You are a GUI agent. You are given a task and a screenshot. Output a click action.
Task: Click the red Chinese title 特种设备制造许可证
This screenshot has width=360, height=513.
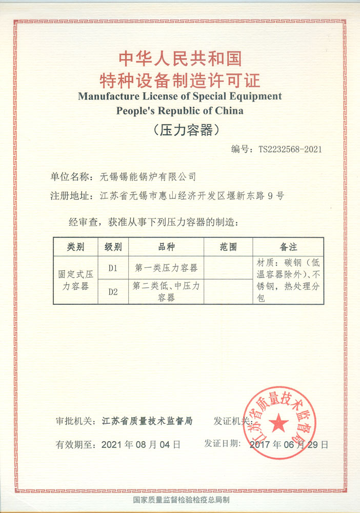(x=180, y=80)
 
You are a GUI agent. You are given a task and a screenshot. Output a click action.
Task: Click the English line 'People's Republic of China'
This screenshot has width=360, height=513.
(x=179, y=110)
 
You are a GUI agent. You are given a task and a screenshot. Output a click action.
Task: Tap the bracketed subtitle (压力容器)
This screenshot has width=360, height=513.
(x=179, y=130)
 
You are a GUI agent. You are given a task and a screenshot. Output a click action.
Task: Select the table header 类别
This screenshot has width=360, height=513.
(x=75, y=247)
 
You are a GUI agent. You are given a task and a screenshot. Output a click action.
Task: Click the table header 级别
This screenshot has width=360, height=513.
(x=113, y=247)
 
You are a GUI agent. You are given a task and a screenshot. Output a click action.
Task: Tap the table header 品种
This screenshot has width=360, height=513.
(x=166, y=247)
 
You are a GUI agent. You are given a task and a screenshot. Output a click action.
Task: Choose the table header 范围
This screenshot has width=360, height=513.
(x=228, y=247)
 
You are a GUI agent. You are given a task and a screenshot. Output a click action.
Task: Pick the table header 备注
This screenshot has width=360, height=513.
(x=288, y=247)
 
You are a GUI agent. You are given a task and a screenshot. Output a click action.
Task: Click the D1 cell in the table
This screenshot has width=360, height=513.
(x=113, y=268)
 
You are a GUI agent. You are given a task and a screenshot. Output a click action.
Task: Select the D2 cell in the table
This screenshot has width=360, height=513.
(x=113, y=292)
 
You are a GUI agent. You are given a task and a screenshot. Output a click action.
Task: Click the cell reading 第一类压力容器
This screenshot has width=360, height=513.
(x=166, y=268)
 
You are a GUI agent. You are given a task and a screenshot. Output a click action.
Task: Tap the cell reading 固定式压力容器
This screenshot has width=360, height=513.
(x=75, y=280)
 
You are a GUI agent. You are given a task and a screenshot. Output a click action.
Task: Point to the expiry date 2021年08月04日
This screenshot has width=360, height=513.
(x=141, y=444)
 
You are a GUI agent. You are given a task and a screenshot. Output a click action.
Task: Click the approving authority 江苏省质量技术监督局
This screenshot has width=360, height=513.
(x=147, y=421)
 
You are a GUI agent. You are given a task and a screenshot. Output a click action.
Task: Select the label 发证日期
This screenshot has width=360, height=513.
(x=222, y=443)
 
